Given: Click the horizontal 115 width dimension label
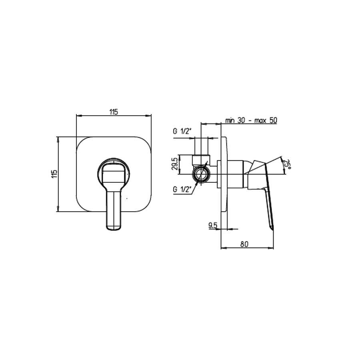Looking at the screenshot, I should tap(114, 112).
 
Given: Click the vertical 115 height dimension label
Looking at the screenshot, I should tap(54, 174).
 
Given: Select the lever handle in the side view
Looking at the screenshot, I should tap(266, 192).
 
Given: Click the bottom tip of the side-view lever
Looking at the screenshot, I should tap(272, 228).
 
